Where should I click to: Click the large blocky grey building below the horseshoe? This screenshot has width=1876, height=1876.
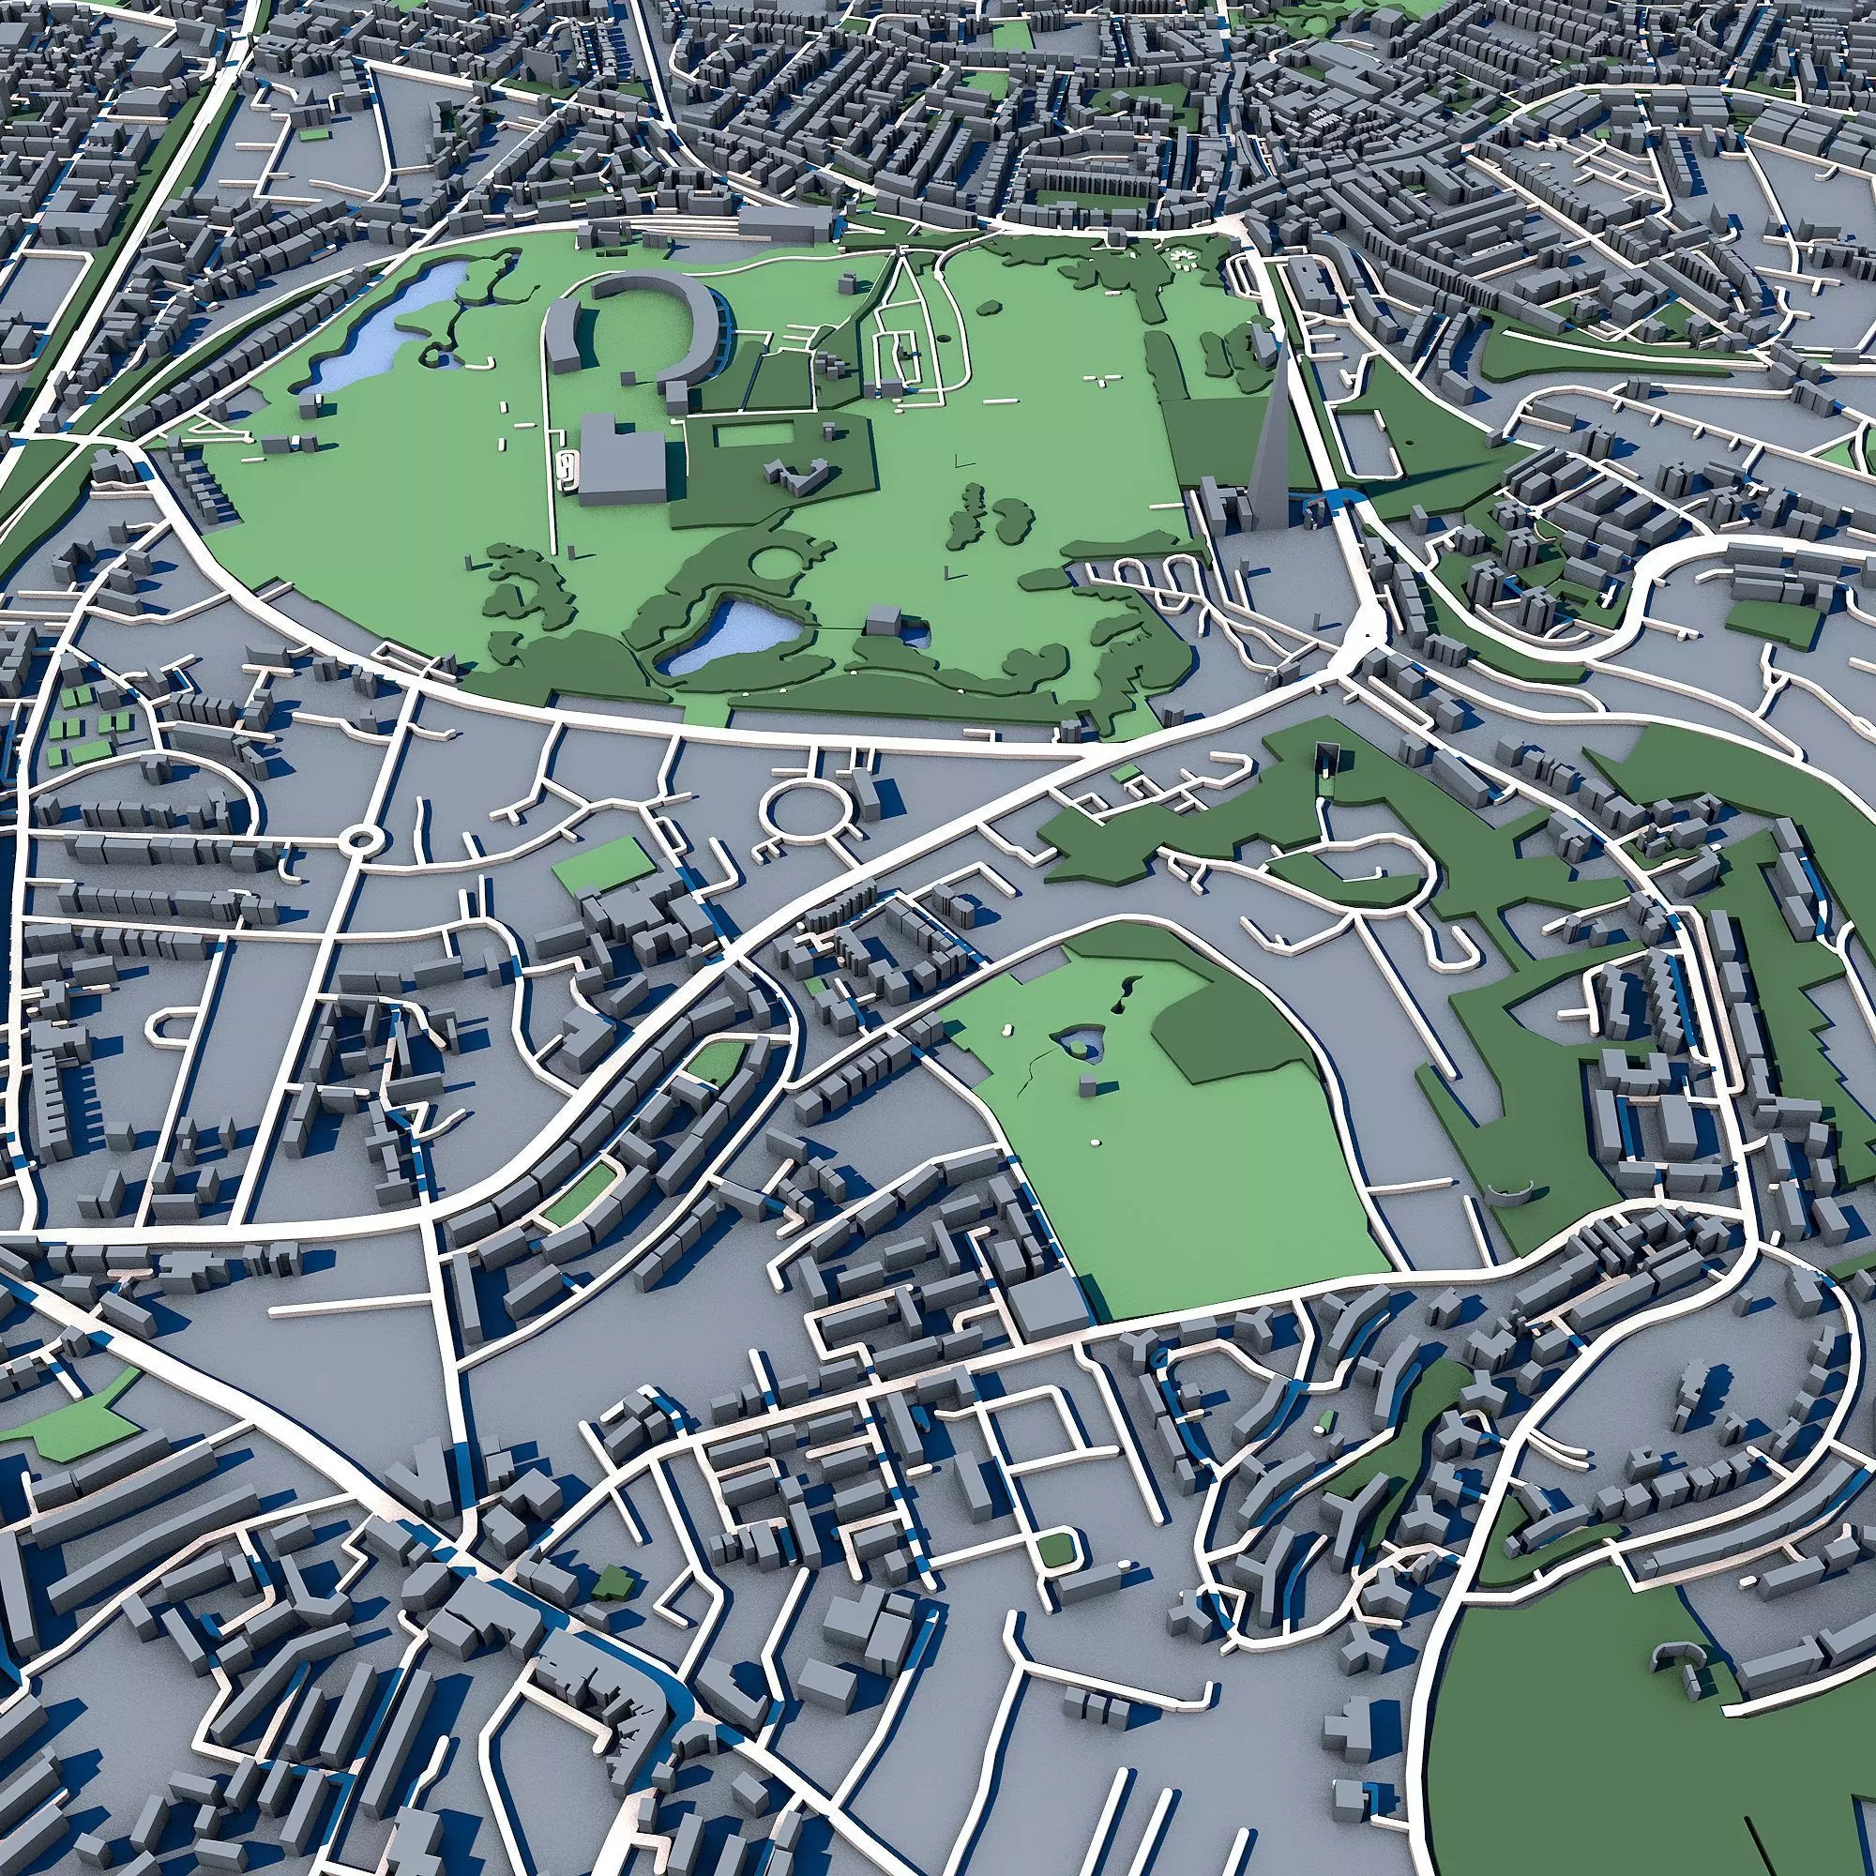point(622,462)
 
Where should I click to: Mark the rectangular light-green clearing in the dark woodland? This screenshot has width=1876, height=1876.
point(752,436)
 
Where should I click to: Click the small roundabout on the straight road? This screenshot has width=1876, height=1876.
point(362,837)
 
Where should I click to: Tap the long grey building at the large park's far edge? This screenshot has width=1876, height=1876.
point(787,225)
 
